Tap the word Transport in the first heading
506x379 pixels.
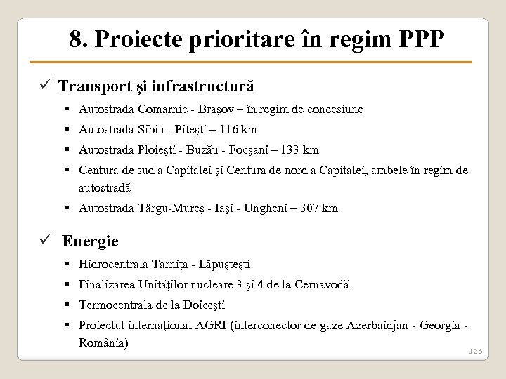(92, 86)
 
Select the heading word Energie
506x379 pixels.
(90, 241)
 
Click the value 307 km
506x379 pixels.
(318, 208)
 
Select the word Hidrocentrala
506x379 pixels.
(114, 265)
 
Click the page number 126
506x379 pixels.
(475, 351)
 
